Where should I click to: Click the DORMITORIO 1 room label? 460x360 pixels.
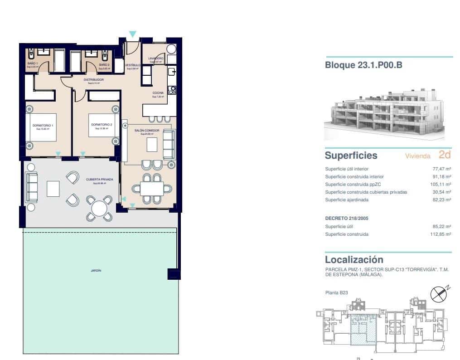43,125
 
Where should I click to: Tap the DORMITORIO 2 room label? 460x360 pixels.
101,124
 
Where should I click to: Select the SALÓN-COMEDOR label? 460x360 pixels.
147,131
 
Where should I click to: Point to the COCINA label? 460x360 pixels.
158,93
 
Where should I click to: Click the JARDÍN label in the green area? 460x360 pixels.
96,270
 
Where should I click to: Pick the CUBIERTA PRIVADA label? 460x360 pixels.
99,180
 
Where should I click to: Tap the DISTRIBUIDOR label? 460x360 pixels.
94,80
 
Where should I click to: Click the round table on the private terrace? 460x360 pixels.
99,208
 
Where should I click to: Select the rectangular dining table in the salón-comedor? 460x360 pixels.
148,188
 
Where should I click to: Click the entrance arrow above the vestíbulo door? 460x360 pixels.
132,34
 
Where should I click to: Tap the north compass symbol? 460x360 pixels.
438,294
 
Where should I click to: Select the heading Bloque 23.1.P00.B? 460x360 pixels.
363,65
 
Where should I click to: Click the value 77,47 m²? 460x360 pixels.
441,169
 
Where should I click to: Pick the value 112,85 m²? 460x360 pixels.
441,234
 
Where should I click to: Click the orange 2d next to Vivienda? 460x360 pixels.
445,155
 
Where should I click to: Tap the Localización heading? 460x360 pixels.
354,260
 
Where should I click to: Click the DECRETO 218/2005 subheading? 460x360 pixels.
347,218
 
